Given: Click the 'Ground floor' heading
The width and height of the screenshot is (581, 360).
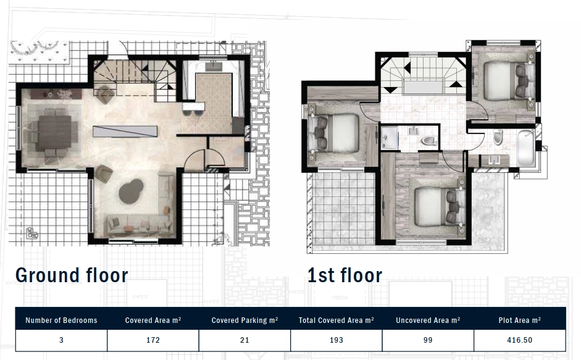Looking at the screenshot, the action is (x=72, y=275).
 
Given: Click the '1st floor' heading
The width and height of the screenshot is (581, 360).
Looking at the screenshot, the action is (x=345, y=275).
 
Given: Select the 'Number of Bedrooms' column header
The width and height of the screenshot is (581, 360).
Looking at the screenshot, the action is (x=61, y=320).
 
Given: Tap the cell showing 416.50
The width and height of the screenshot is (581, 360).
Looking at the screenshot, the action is (x=519, y=340).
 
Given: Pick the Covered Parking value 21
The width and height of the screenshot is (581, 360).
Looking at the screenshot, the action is (x=245, y=340).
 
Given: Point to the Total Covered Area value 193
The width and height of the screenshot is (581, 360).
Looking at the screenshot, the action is (x=336, y=340).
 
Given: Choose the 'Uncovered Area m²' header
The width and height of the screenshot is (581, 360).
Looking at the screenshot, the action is (x=428, y=320).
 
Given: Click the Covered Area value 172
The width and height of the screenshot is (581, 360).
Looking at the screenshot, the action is (x=153, y=340).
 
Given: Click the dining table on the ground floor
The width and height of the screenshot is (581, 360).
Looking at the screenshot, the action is (x=55, y=133).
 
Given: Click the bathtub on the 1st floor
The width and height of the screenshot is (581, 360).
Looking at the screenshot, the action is (x=526, y=148).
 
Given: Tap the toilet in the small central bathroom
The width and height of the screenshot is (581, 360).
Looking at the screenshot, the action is (x=429, y=141).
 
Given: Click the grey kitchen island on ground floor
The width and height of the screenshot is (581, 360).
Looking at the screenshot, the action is (x=125, y=132).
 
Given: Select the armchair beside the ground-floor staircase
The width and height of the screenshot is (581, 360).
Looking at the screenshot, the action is (x=104, y=94).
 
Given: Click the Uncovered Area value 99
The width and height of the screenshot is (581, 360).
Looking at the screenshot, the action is (x=428, y=340).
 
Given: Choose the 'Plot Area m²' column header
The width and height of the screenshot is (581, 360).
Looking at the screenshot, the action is (x=519, y=320).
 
